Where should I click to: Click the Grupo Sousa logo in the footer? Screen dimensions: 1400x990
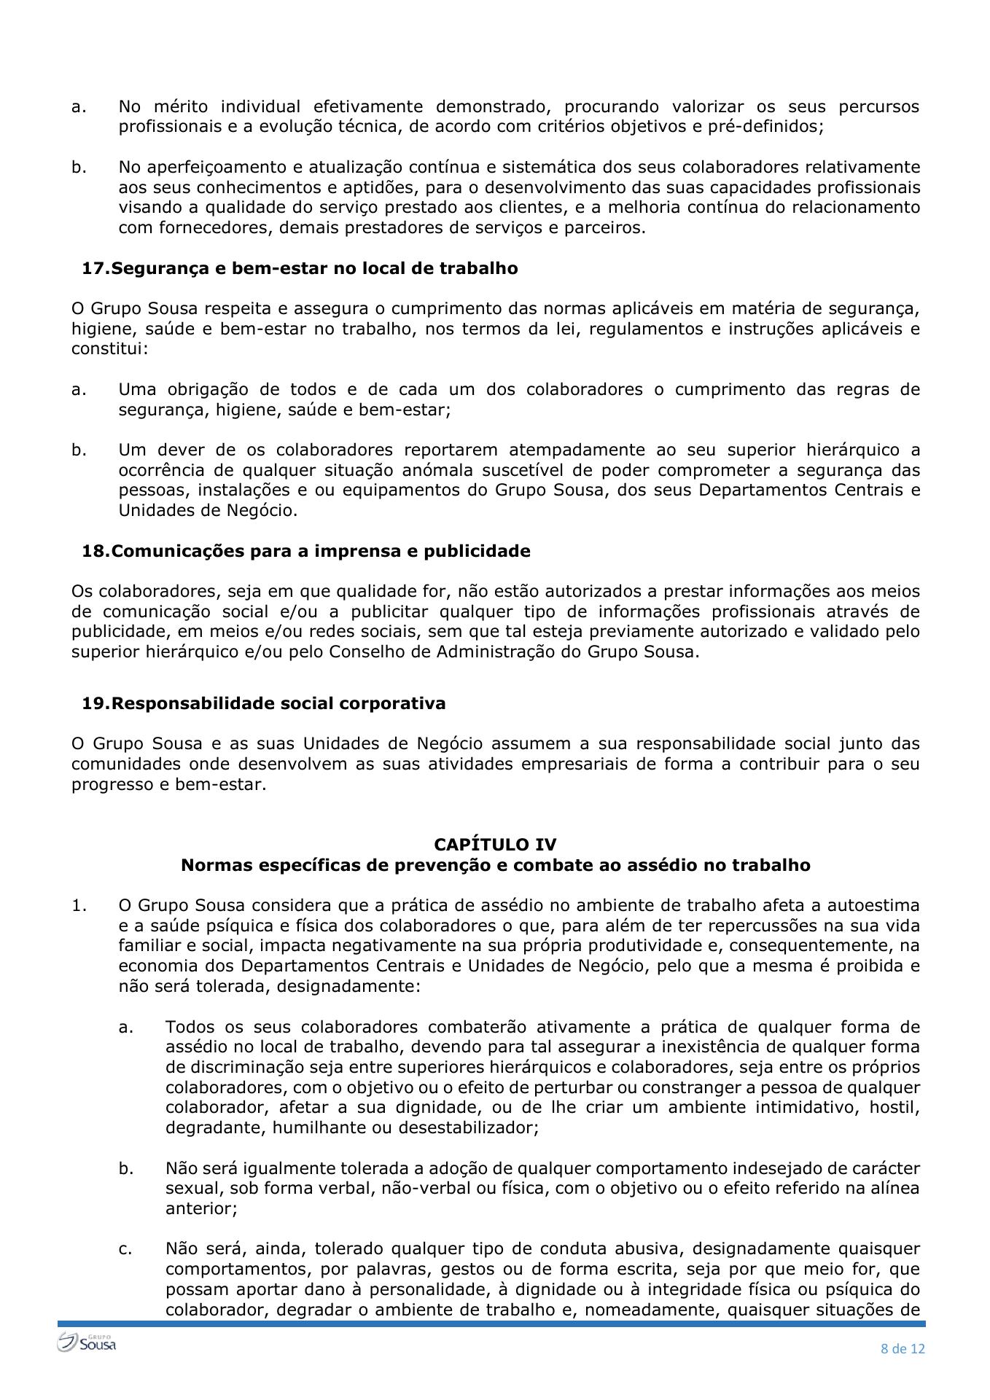coord(87,1342)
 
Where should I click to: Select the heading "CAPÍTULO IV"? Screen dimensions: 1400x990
coord(495,844)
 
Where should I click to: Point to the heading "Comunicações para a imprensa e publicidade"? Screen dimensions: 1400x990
coord(321,551)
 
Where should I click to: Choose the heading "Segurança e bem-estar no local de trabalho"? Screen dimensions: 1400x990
coord(314,268)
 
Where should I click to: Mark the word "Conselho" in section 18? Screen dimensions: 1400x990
coord(367,652)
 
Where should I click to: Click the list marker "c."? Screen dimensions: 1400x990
coord(125,1248)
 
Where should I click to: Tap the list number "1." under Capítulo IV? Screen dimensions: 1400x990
coord(79,906)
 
